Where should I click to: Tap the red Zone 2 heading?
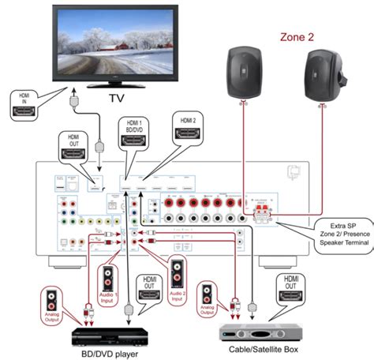tap(298, 36)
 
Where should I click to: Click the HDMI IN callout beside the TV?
tap(25, 104)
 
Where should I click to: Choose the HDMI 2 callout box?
tap(189, 126)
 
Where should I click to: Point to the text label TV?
tap(117, 99)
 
